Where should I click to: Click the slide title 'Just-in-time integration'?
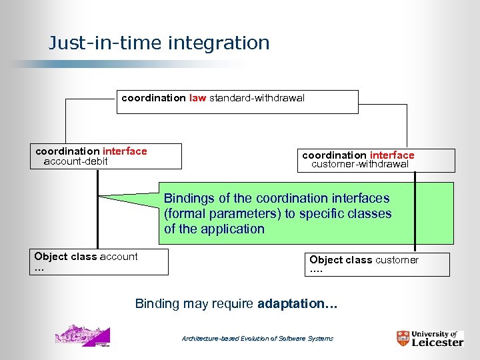[159, 43]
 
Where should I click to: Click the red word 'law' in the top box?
[197, 98]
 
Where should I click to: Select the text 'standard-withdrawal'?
[257, 98]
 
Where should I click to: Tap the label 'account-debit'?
[75, 161]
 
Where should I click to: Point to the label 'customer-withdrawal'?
[360, 165]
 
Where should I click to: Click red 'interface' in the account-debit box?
[125, 151]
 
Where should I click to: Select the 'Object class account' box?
[101, 262]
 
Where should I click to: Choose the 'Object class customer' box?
[378, 265]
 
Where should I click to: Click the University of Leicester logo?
[429, 337]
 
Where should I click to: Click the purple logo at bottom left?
[82, 335]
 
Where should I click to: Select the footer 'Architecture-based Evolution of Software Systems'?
[257, 339]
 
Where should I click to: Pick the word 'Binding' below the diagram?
[157, 304]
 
